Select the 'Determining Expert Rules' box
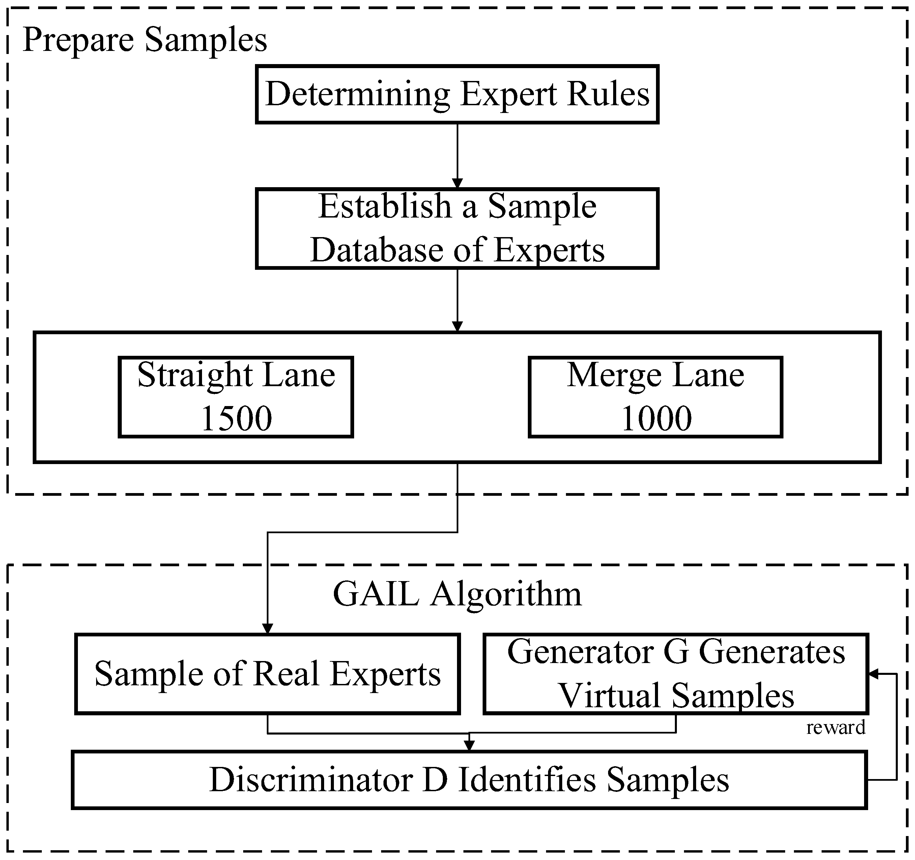click(457, 94)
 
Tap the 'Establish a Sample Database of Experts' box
click(457, 228)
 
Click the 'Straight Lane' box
click(236, 397)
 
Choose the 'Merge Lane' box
click(655, 397)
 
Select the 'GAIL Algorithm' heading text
click(457, 595)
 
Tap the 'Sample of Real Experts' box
click(267, 674)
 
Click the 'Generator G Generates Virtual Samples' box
click(676, 674)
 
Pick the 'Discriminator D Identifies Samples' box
click(469, 780)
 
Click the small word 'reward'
click(836, 727)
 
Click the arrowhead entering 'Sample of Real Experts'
click(267, 629)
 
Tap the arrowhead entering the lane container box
click(457, 326)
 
